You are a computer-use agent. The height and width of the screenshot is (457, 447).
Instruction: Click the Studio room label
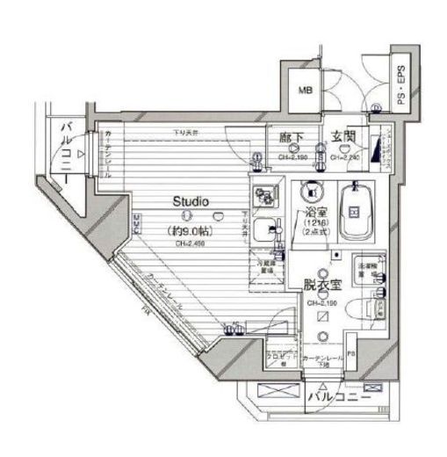click(190, 201)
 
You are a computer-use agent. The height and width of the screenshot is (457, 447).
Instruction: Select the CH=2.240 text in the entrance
click(345, 157)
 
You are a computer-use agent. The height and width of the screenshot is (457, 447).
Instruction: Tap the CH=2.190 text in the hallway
click(292, 157)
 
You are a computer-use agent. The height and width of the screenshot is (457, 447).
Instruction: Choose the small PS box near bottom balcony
click(350, 355)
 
